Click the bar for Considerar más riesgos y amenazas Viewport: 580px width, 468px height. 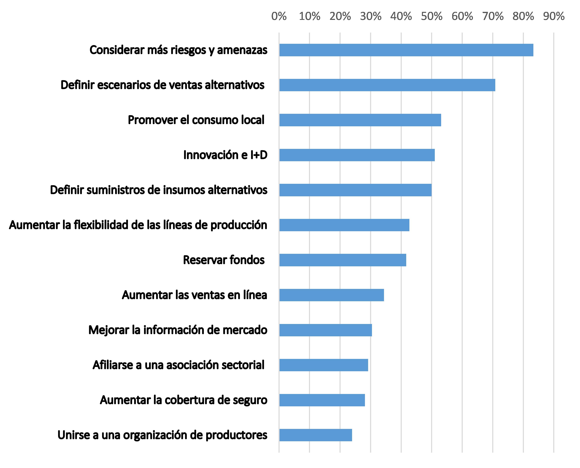click(406, 50)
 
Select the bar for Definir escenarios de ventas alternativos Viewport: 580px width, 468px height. click(387, 85)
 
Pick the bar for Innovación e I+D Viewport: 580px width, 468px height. click(357, 155)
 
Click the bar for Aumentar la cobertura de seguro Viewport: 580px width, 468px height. click(322, 400)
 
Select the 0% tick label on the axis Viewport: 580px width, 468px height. click(279, 16)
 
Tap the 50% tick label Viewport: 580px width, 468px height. click(431, 16)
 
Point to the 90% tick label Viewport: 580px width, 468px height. click(554, 16)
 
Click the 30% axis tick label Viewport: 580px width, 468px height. click(370, 16)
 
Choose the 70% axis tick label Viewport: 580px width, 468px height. click(493, 16)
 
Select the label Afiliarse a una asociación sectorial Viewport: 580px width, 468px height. click(178, 365)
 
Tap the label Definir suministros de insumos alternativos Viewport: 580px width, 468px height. click(159, 190)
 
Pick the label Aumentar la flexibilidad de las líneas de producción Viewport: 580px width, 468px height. click(138, 225)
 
